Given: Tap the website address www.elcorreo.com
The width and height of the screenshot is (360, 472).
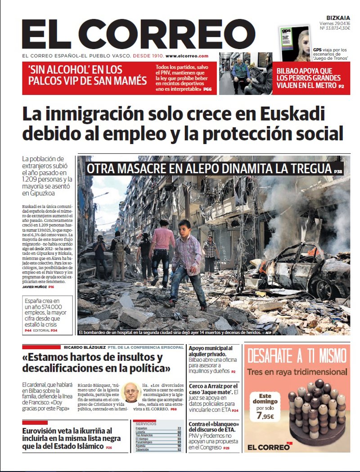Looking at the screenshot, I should pos(187,56).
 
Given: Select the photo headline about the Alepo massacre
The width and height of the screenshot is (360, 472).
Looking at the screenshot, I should pos(209,169).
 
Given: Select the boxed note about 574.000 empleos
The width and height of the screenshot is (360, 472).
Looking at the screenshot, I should pos(49,315).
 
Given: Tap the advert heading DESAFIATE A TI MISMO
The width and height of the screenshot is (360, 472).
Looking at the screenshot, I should pos(297,357).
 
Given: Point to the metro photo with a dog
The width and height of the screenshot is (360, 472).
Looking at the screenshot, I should pos(245,73).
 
